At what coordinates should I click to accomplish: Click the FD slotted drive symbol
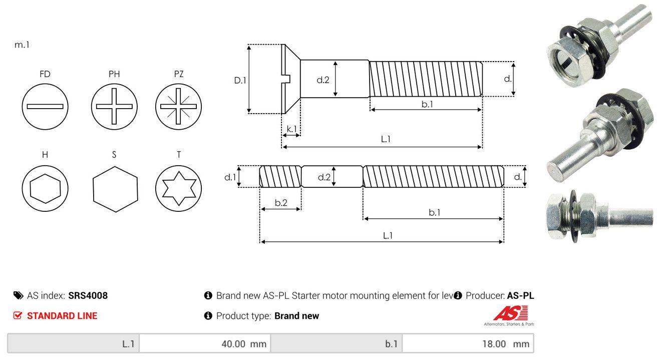[x=45, y=106]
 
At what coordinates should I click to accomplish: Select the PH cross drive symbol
[x=114, y=106]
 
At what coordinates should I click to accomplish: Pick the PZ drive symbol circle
[x=179, y=106]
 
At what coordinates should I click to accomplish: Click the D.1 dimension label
[x=240, y=80]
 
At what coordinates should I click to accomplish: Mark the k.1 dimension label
[x=291, y=129]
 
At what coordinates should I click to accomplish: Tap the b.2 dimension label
[x=281, y=203]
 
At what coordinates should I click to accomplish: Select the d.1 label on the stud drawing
[x=230, y=177]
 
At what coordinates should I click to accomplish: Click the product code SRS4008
[x=88, y=295]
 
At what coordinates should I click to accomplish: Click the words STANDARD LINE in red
[x=62, y=316]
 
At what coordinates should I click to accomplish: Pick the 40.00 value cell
[x=205, y=344]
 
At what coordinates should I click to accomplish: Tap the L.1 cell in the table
[x=74, y=344]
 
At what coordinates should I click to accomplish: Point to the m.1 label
[x=22, y=45]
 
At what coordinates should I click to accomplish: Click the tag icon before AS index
[x=18, y=295]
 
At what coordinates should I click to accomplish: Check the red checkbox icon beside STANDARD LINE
[x=18, y=316]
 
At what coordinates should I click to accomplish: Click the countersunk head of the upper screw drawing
[x=290, y=79]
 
